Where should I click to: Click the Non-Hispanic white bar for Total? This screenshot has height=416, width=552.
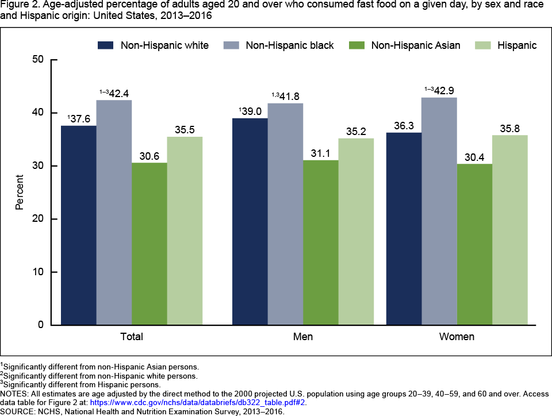(x=79, y=225)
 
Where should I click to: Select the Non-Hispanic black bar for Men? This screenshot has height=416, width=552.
(x=285, y=214)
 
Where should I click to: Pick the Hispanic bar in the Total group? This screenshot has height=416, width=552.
(x=185, y=230)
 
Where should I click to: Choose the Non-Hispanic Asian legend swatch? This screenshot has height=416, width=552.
(x=358, y=45)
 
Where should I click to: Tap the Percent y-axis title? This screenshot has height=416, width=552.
(x=20, y=192)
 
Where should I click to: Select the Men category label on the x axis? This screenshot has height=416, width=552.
(x=303, y=337)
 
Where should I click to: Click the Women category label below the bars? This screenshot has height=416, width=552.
(x=457, y=337)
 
